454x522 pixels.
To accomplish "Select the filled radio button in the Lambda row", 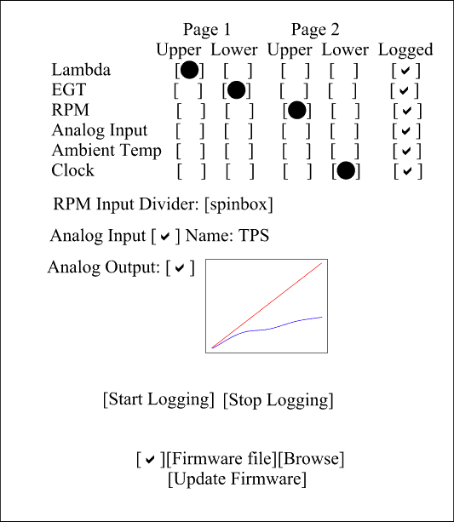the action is coord(189,70).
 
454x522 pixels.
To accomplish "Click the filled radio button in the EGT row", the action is coord(236,90).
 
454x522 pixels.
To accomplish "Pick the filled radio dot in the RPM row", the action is coord(296,110).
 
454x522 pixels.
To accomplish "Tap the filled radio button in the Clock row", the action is coord(346,170).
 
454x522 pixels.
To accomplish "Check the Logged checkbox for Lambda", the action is coord(405,71).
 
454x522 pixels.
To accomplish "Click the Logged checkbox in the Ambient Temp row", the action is coord(406,151).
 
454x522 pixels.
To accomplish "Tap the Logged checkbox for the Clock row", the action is coord(408,171).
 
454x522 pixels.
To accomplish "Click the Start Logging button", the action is coord(158,399).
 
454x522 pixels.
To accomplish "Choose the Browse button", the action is coord(311,459).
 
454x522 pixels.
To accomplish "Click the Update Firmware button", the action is coord(237,479).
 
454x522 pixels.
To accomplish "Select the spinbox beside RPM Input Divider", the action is coord(238,204).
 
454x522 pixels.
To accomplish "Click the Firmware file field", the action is coord(221,459).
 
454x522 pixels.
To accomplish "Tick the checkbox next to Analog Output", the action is coord(181,267).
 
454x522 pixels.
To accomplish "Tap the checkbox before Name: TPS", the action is coord(165,236).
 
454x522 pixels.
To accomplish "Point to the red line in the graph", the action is coord(267,305).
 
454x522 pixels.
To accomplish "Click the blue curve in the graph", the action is coord(263,330).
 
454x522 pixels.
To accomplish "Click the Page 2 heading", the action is coord(315,29).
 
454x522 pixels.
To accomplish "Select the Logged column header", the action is coord(405,50).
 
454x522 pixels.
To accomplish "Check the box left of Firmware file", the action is coord(151,459).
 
